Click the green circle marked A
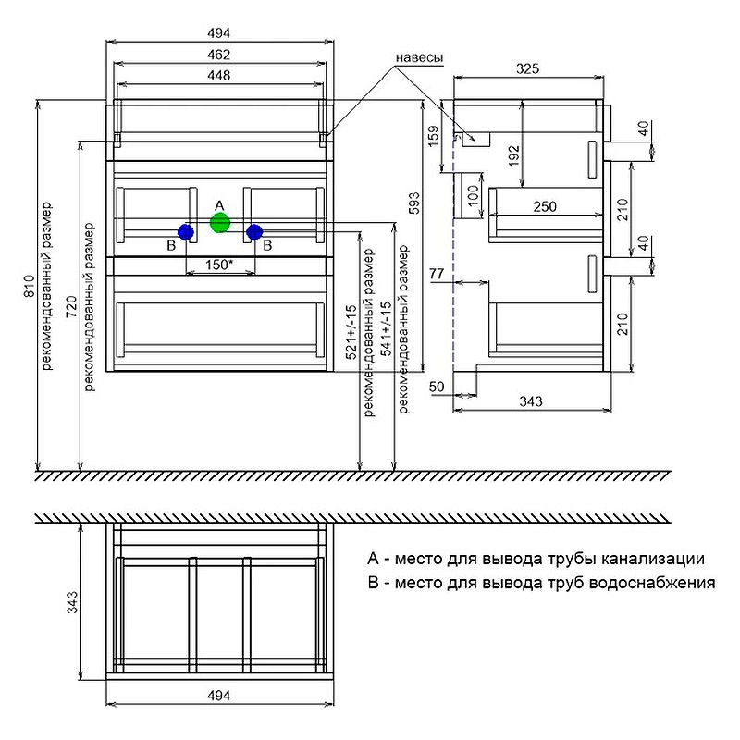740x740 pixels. coord(219,223)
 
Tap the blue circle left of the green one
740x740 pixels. coord(186,231)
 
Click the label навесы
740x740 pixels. coord(420,57)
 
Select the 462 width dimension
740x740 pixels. coord(219,55)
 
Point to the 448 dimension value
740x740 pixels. coord(219,75)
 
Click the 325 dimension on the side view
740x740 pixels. coord(527,68)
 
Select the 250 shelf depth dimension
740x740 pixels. coord(546,207)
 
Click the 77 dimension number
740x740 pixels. coord(438,275)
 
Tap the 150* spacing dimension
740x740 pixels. coord(218,265)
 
